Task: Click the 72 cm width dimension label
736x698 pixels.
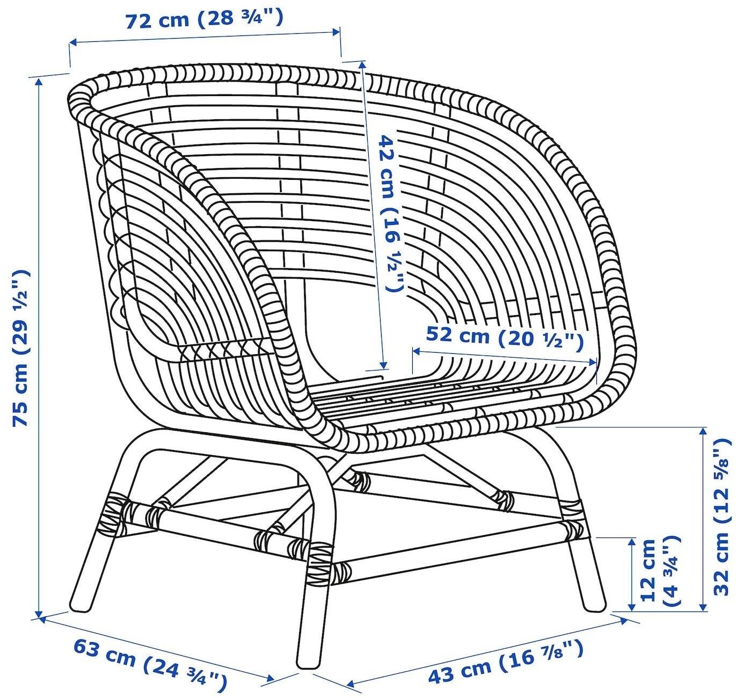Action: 204,19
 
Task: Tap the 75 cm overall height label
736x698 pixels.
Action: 21,349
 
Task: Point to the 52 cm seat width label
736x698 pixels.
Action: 504,337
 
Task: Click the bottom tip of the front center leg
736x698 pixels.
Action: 308,664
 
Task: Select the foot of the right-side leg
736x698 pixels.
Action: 594,605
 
